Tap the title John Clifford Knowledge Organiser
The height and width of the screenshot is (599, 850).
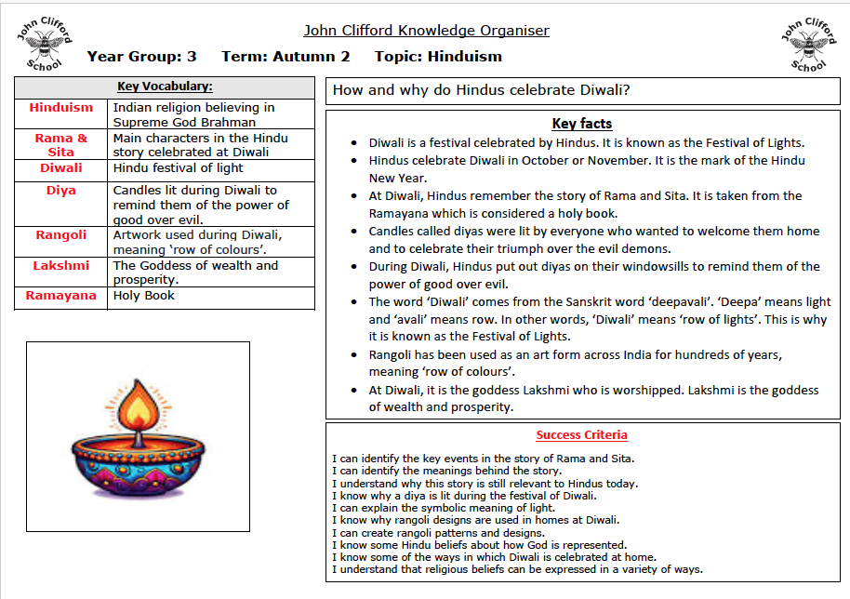(x=426, y=31)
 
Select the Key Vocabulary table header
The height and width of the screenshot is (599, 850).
(x=165, y=87)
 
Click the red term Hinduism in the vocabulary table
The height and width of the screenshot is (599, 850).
(x=61, y=108)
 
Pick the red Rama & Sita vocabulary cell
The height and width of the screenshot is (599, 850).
(x=61, y=145)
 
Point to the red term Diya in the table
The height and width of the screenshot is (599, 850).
(x=61, y=191)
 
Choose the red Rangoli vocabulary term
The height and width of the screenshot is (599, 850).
(x=61, y=235)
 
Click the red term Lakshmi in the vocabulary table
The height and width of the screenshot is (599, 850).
(x=61, y=265)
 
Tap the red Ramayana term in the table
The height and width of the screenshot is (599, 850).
(x=61, y=296)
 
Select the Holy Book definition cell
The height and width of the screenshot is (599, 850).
(x=144, y=296)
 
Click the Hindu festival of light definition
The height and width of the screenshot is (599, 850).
(x=179, y=168)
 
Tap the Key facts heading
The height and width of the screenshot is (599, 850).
(x=582, y=124)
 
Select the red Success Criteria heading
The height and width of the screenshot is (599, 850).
(x=582, y=435)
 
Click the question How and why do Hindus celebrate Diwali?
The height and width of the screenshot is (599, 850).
(x=482, y=90)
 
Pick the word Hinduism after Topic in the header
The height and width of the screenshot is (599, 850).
(x=464, y=57)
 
